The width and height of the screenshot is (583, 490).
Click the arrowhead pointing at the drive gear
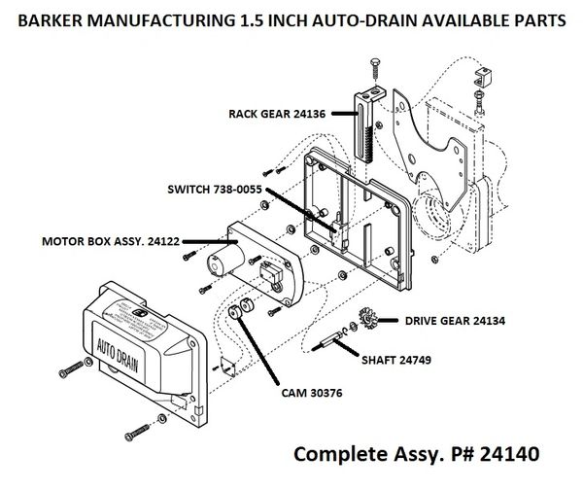(x=385, y=319)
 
